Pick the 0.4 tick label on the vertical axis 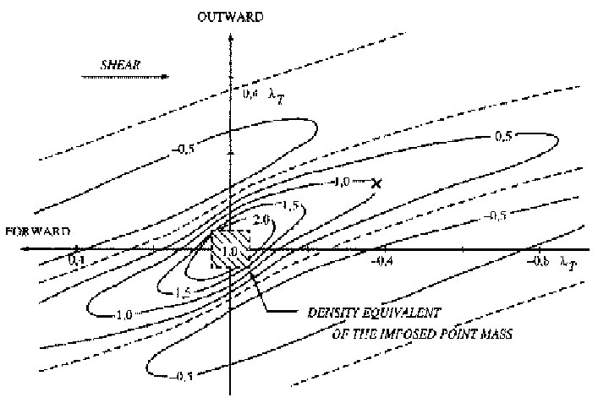click(x=250, y=95)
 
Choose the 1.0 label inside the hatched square click(x=228, y=250)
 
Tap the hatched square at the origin click(x=230, y=249)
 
